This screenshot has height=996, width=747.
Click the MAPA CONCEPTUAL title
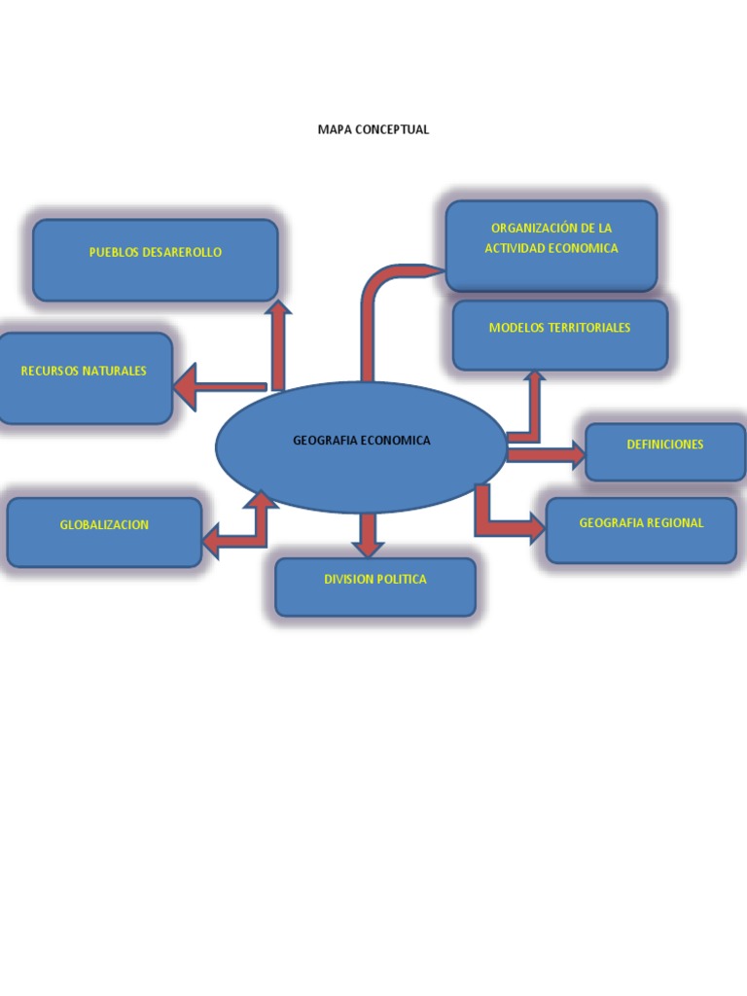(x=373, y=129)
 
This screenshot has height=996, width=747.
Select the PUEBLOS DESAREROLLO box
(x=156, y=260)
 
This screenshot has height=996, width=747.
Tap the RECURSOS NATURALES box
(x=85, y=377)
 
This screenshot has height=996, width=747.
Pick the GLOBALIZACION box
(x=104, y=532)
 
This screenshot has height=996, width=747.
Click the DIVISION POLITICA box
(x=375, y=587)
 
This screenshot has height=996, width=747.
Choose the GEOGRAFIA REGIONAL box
(x=641, y=530)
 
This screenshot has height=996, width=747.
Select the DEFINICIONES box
(x=665, y=451)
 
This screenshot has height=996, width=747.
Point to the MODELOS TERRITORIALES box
(x=560, y=335)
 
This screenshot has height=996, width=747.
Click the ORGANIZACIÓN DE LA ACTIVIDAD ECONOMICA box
(x=551, y=245)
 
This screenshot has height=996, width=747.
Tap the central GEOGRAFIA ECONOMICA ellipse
(x=361, y=446)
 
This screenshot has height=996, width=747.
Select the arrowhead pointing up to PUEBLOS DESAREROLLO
(x=279, y=310)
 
